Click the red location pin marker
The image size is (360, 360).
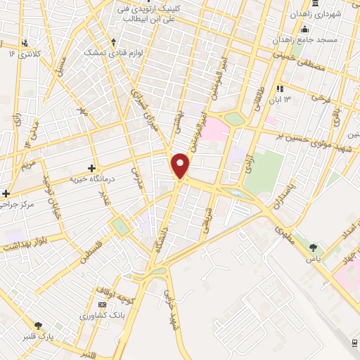pos(181,165)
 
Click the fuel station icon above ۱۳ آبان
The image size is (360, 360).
pos(280,89)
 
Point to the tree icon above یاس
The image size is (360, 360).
pos(313,247)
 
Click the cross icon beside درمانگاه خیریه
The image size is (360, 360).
pos(91,168)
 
